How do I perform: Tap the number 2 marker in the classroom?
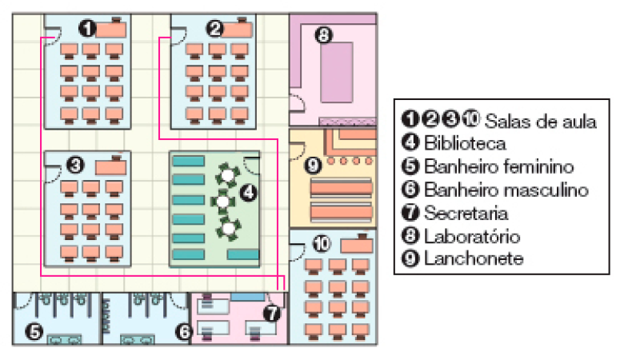tap(214, 30)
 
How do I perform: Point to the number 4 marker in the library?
tap(249, 192)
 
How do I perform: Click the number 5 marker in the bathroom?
tap(34, 329)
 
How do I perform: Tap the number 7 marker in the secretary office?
tap(272, 314)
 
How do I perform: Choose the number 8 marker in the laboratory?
tap(323, 35)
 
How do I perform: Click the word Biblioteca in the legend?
tap(465, 145)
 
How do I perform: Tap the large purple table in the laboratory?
tap(342, 72)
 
